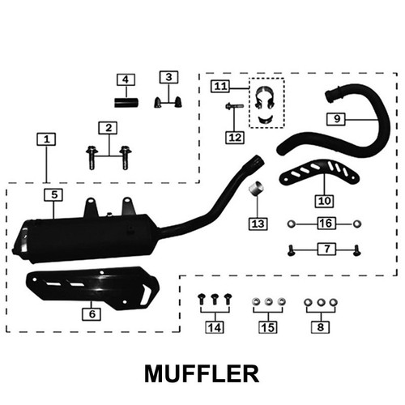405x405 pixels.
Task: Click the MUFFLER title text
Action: click(x=202, y=373)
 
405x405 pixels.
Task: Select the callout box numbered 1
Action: click(x=46, y=139)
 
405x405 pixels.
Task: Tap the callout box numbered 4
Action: click(x=126, y=79)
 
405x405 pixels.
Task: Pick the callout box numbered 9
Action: click(x=336, y=119)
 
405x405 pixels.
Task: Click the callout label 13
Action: click(x=258, y=224)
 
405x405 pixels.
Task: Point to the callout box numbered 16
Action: click(x=326, y=224)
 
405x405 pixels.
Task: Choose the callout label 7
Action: click(x=326, y=249)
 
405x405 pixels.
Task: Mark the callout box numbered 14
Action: click(x=215, y=327)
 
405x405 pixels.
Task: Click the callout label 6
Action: click(x=92, y=314)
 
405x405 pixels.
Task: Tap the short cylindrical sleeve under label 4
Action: click(x=126, y=103)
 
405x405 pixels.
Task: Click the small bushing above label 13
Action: click(x=257, y=188)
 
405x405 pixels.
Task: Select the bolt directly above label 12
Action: click(x=234, y=106)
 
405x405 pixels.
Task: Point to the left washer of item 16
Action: click(x=292, y=224)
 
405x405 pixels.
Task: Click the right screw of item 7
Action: click(x=357, y=250)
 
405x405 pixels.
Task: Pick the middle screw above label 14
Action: click(x=215, y=299)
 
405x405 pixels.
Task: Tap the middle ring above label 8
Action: click(x=321, y=302)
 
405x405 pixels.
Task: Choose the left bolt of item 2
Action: click(x=92, y=158)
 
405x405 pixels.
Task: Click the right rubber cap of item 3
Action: click(x=178, y=102)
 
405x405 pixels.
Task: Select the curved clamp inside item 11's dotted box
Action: click(x=264, y=98)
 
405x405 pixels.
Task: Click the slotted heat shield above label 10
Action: click(x=319, y=172)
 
